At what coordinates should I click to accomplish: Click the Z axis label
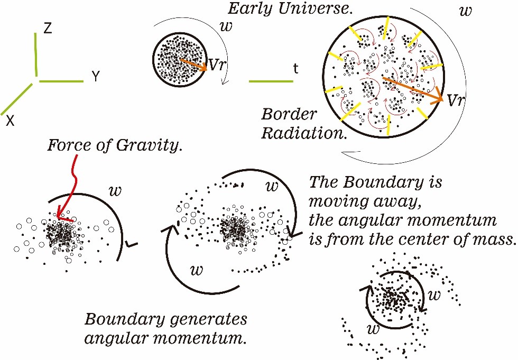click(x=48, y=29)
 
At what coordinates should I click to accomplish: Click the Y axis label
click(x=96, y=77)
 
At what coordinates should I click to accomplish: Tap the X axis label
click(x=10, y=122)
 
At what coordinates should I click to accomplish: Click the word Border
click(x=289, y=114)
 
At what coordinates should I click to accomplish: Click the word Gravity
click(x=153, y=144)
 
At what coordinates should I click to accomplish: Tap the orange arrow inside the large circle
click(x=412, y=89)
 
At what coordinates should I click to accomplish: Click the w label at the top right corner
click(x=465, y=11)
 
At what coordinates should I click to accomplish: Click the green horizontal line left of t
click(x=271, y=81)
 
